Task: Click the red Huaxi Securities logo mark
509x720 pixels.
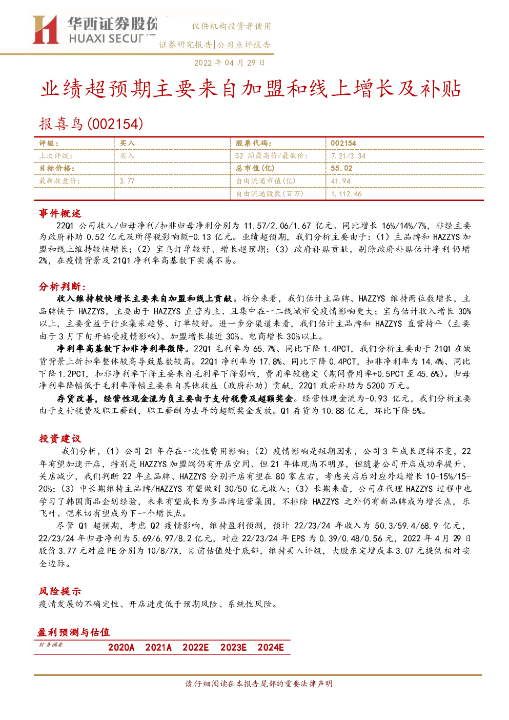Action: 46,30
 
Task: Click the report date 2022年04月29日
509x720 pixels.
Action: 230,63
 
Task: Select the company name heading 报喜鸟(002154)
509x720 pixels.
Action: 91,124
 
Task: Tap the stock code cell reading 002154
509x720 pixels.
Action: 343,144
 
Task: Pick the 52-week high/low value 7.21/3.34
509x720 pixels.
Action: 349,156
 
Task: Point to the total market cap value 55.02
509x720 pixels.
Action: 341,168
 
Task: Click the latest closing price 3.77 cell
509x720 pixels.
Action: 127,181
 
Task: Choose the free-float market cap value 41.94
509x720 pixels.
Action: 341,181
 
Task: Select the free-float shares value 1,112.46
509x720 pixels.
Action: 346,194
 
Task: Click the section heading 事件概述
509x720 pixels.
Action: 60,213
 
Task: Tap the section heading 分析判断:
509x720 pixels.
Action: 63,286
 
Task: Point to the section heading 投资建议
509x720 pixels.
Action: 60,438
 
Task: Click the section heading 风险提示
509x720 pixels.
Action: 60,591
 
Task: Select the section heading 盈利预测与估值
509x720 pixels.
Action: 74,632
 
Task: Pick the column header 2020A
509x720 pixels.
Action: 121,647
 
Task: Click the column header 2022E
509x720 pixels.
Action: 196,647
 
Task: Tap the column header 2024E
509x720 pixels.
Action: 271,647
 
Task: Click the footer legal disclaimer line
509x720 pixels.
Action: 259,684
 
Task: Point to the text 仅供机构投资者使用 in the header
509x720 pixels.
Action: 231,26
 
